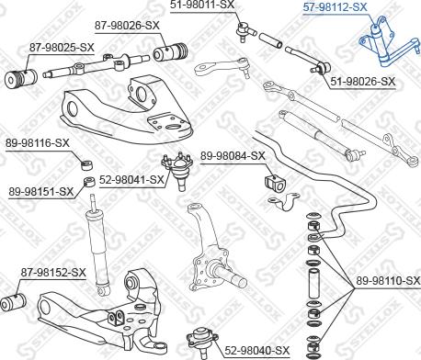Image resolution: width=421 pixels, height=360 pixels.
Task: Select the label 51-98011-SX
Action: coord(202,6)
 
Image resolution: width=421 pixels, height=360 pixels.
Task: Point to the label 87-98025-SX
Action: coord(62,46)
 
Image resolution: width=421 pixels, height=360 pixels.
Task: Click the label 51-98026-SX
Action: coord(362,82)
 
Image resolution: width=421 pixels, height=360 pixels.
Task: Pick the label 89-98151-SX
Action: coord(41,191)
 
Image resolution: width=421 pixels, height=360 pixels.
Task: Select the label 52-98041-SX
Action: coord(132,181)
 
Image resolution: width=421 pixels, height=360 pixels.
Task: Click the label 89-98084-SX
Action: coord(233,156)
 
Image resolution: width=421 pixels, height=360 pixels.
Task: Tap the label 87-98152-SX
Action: coord(53,273)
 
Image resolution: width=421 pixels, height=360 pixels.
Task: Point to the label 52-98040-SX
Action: coord(257,350)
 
